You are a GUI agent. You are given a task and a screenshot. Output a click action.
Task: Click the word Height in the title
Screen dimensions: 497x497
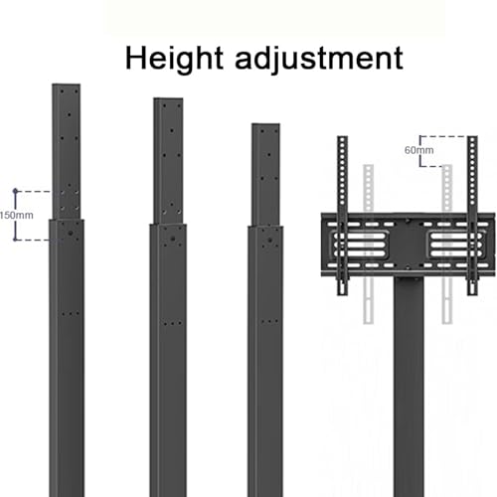coord(174,59)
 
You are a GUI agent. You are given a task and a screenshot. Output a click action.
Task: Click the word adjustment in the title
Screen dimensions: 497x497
coord(319,59)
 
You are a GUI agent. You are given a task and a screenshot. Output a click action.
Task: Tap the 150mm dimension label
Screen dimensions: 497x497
coord(17,216)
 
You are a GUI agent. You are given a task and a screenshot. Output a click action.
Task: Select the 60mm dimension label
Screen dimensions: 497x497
coord(418,150)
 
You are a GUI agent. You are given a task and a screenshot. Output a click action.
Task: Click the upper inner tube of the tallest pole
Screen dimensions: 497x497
coord(67,151)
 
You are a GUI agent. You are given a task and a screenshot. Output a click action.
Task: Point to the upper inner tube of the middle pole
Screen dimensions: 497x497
coord(168,161)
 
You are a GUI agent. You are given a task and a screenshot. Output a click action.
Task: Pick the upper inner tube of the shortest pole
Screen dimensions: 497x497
coord(265,175)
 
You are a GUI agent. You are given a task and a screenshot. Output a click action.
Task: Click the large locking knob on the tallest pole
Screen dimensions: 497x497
coord(71,233)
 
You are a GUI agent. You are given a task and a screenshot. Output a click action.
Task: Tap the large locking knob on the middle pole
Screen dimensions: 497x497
coord(172,239)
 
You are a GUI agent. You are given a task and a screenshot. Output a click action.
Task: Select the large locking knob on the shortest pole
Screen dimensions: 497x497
coord(270,241)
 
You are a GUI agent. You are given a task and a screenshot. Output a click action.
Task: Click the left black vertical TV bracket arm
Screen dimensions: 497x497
coord(343,216)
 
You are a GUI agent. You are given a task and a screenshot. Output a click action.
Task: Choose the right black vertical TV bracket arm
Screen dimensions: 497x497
coord(472,216)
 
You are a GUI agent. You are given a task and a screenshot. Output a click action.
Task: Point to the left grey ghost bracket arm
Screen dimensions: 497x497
coord(369,245)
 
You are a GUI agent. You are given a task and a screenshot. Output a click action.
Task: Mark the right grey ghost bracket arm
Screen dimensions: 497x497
coord(447,245)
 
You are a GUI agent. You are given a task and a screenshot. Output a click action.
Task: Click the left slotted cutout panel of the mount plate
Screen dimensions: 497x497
coord(360,245)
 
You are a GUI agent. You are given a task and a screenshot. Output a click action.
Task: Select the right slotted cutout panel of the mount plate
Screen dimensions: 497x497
coord(456,245)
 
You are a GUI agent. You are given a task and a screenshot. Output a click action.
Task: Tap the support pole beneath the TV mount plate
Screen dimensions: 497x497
coord(409,387)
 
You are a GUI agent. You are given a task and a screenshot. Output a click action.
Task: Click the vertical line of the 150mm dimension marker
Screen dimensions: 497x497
coord(15,216)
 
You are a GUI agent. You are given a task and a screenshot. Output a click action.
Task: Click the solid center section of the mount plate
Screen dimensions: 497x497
coord(408,245)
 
